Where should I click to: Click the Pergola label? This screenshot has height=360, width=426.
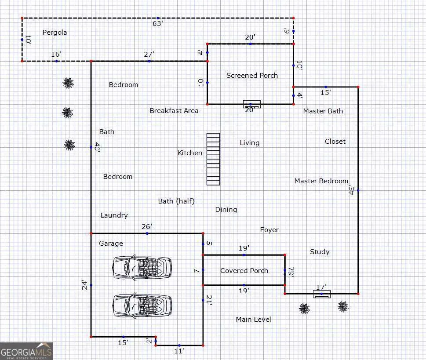55,33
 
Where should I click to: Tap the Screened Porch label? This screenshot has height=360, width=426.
252,75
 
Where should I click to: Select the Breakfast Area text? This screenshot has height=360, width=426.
174,111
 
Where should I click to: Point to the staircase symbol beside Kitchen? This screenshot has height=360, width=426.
213,159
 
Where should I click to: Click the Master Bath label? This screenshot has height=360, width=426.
323,111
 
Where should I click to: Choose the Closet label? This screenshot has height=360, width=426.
335,141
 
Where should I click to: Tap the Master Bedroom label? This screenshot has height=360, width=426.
321,181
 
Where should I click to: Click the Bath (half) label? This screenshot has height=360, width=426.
176,201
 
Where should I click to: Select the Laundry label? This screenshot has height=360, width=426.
114,215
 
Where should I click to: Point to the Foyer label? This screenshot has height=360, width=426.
269,230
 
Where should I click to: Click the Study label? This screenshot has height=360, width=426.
320,252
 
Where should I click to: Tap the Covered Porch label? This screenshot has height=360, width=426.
244,271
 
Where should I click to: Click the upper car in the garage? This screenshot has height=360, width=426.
142,268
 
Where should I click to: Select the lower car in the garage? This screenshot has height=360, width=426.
142,305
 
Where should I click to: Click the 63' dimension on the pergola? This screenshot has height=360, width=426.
157,24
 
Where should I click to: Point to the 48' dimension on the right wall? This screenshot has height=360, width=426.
352,190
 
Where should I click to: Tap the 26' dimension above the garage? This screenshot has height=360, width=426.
147,227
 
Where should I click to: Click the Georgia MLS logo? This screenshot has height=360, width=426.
26,351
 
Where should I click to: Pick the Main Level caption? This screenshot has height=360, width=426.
254,320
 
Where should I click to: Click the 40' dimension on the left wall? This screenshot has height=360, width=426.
97,147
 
